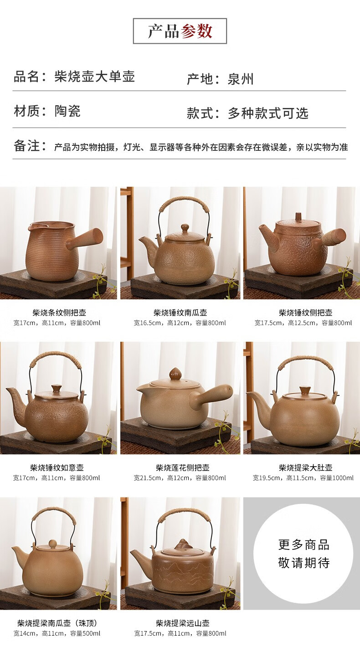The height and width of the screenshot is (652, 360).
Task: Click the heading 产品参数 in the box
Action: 180,31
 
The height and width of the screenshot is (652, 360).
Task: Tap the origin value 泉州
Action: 241,79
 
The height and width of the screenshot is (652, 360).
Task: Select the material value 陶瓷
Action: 67,111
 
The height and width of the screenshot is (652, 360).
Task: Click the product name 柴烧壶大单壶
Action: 95,77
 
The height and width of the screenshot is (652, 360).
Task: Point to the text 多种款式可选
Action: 268,113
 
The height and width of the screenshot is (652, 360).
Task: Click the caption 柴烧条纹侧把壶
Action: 59,313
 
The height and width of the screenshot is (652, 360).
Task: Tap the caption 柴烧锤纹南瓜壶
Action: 180,313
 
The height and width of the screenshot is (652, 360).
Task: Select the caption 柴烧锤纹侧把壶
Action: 306,313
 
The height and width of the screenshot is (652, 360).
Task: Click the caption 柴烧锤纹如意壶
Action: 57,468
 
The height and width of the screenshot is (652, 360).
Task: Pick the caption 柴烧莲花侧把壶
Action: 182,468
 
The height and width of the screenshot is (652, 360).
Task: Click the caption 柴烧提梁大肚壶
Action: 306,468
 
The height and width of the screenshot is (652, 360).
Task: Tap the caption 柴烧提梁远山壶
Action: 182,623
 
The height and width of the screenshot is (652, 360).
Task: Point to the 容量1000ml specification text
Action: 337,478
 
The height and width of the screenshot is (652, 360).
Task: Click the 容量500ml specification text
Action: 85,633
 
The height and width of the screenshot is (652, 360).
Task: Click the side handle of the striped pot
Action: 85,239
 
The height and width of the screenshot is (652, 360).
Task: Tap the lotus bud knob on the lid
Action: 175,374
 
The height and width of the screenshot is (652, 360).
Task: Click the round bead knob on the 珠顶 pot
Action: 52,544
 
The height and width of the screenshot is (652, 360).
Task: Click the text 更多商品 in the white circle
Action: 303,544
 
